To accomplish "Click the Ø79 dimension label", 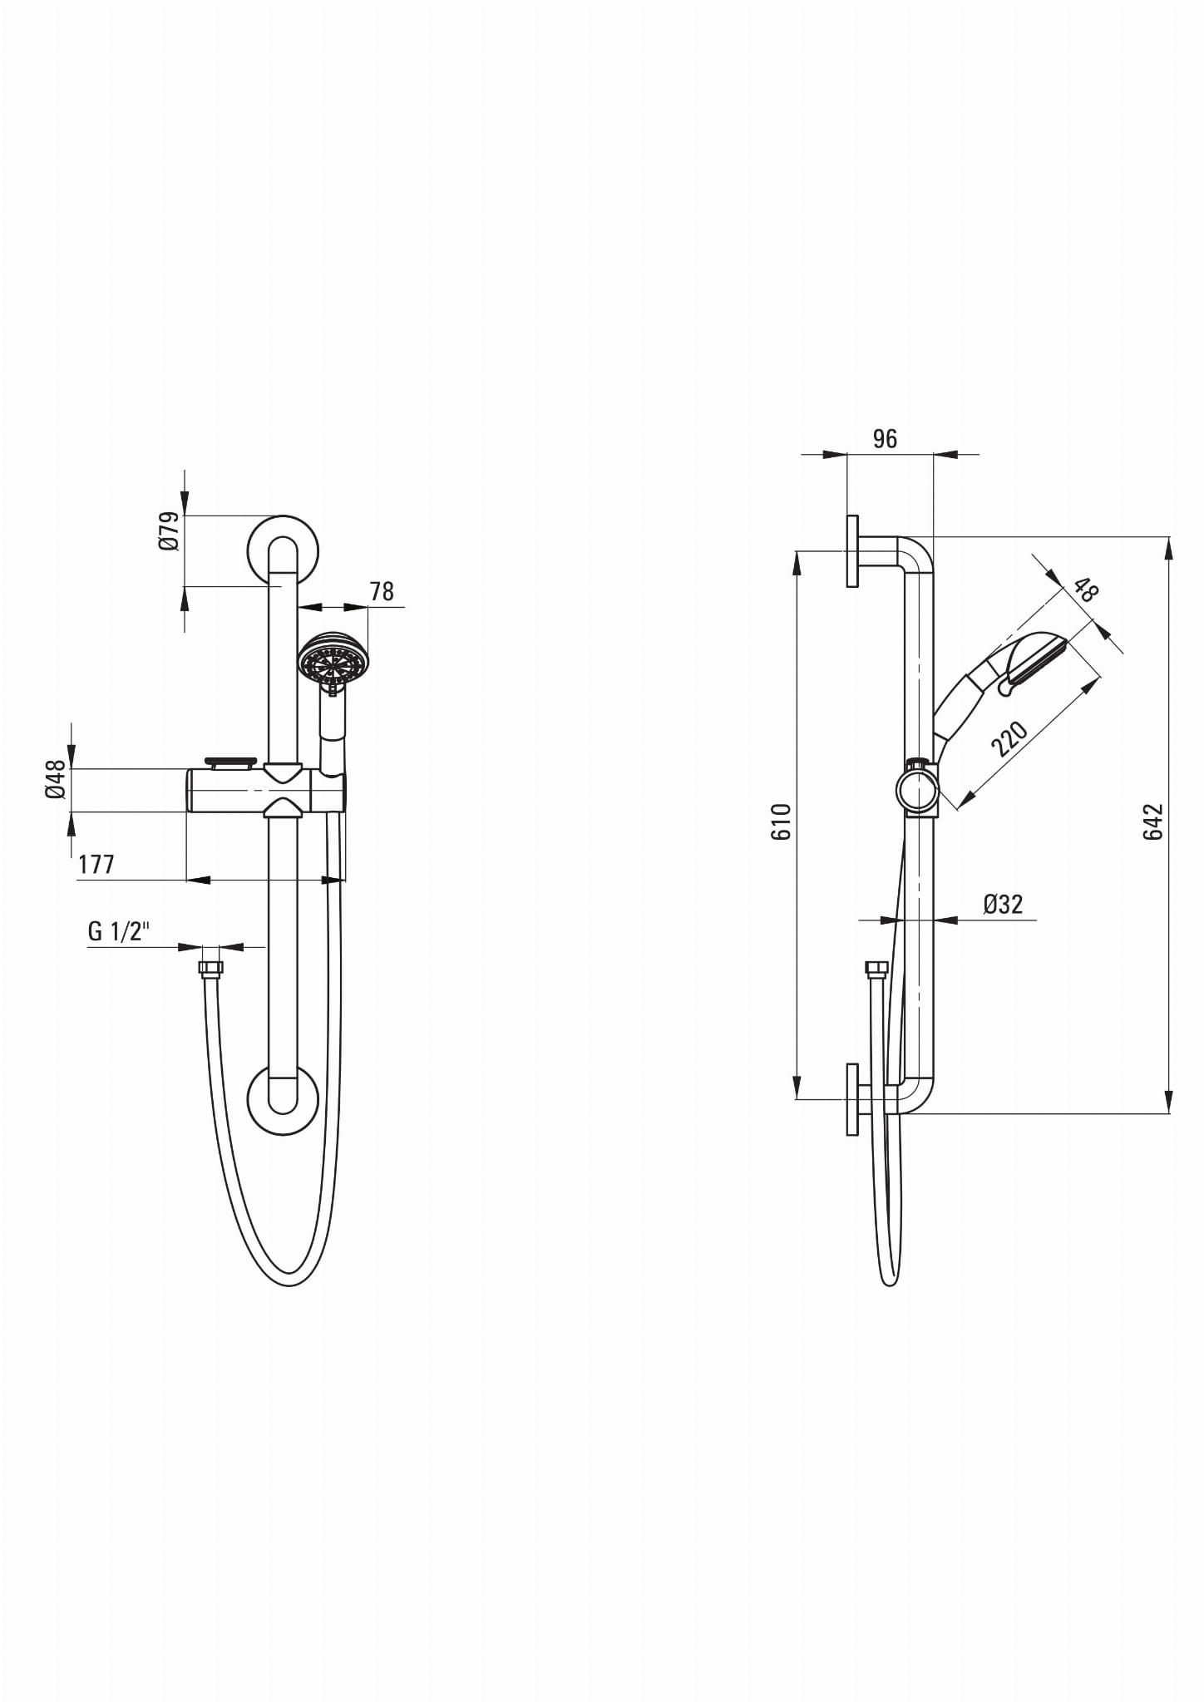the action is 168,530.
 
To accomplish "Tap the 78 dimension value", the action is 382,591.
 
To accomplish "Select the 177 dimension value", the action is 96,865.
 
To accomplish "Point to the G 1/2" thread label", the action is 118,930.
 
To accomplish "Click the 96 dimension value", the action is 886,439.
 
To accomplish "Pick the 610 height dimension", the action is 782,821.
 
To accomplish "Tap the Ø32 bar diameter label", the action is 1002,904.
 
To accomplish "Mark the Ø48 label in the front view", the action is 55,780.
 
